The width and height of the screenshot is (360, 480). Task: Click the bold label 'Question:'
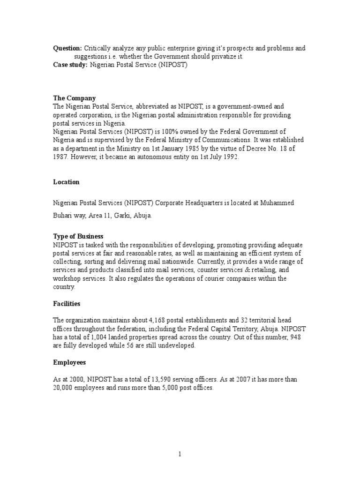click(67, 48)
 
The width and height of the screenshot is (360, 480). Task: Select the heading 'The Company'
click(74, 98)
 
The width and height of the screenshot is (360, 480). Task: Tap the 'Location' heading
click(66, 182)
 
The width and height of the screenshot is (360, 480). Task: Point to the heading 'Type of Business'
click(78, 236)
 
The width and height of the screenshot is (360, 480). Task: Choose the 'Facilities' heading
click(67, 304)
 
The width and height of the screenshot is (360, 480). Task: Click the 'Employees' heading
click(69, 363)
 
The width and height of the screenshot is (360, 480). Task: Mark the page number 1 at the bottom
click(180, 454)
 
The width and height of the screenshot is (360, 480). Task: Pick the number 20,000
click(64, 388)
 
